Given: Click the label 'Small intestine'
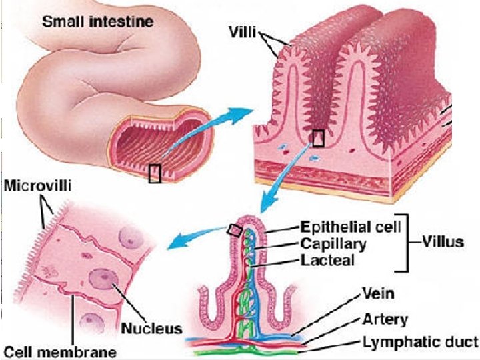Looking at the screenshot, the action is tap(97, 21).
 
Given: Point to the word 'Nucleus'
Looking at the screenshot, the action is tap(152, 329).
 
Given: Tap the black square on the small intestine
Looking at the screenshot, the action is tap(155, 173).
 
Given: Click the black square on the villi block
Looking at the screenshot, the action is tap(318, 138).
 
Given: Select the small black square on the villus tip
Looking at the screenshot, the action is tap(234, 230).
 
